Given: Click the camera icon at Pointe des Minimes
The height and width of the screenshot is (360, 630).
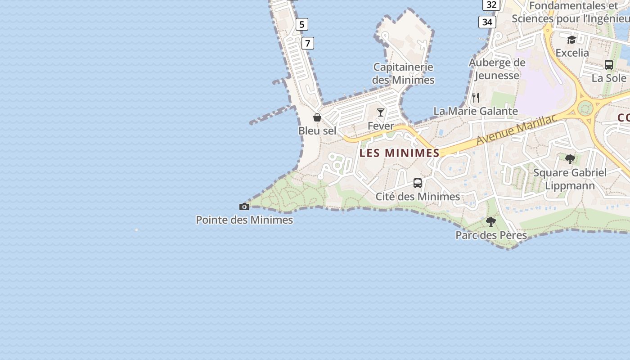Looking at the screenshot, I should pyautogui.click(x=244, y=207).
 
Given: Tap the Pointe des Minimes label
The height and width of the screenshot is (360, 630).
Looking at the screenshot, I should pyautogui.click(x=244, y=220).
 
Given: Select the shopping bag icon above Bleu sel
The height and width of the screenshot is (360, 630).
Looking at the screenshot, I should pyautogui.click(x=317, y=117).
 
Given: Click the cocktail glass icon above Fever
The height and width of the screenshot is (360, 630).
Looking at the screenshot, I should pyautogui.click(x=381, y=112).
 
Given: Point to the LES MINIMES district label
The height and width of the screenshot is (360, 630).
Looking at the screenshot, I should pyautogui.click(x=400, y=153).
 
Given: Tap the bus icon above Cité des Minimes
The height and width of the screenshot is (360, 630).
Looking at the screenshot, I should pyautogui.click(x=418, y=183).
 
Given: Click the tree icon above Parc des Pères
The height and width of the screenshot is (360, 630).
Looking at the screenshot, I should pyautogui.click(x=491, y=222).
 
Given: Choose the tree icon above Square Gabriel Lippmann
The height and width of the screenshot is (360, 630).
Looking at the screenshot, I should pyautogui.click(x=570, y=159).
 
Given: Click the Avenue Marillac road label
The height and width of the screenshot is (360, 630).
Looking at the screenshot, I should pyautogui.click(x=517, y=129).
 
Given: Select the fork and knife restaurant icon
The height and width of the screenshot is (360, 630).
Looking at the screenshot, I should pyautogui.click(x=476, y=98).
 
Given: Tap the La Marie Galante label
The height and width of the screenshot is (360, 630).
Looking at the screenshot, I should pyautogui.click(x=476, y=111).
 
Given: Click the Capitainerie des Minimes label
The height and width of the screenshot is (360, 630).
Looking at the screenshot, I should pyautogui.click(x=403, y=73).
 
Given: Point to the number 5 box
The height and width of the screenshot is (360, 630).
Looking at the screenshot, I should pyautogui.click(x=302, y=24).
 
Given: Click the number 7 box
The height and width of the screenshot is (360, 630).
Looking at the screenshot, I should pyautogui.click(x=308, y=43).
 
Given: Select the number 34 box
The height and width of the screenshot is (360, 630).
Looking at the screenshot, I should pyautogui.click(x=487, y=22).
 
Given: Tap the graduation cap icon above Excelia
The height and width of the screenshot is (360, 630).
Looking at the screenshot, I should pyautogui.click(x=571, y=40).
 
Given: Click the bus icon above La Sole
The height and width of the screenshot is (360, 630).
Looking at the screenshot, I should pyautogui.click(x=609, y=65).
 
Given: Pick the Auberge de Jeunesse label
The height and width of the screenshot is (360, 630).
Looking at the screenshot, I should pyautogui.click(x=497, y=69).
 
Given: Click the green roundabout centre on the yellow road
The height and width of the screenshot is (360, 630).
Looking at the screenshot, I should pyautogui.click(x=585, y=108).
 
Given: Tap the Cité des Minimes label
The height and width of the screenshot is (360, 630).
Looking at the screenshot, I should pyautogui.click(x=418, y=197).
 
